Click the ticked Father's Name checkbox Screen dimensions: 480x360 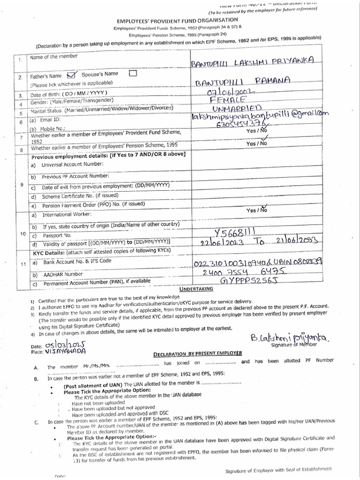click(71, 75)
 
